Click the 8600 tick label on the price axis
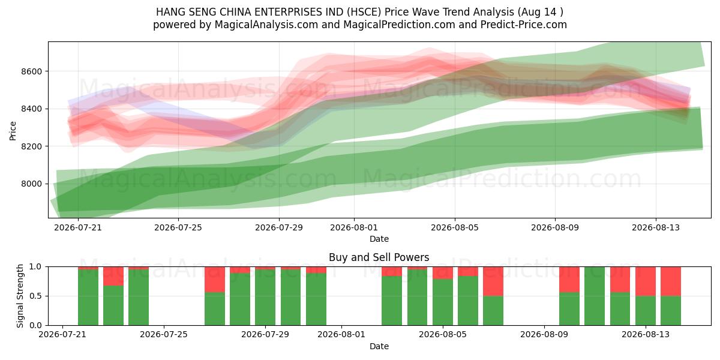point(31,71)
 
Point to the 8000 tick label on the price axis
point(31,184)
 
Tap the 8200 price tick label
point(31,146)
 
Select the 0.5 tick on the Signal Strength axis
point(35,296)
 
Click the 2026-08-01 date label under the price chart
point(354,227)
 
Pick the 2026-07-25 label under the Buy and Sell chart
point(164,335)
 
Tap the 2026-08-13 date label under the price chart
point(656,227)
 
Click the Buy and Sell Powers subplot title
point(379,257)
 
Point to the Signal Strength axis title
point(20,296)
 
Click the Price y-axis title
point(13,131)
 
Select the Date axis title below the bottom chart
point(379,346)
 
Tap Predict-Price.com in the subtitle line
point(524,25)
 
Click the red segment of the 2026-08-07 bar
point(493,281)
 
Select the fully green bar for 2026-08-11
point(595,296)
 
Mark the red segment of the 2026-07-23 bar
point(113,276)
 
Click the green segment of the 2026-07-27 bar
point(215,309)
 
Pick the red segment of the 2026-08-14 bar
point(671,281)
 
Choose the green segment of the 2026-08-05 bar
point(443,302)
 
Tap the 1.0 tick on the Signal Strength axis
point(35,267)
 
